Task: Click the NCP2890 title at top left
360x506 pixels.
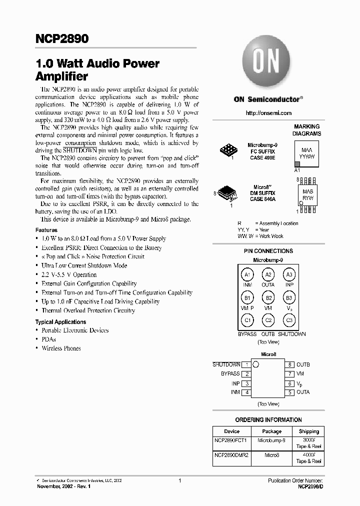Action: [x=62, y=39]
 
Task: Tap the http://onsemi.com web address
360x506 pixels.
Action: [x=268, y=113]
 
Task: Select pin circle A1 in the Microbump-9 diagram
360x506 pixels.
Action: [x=246, y=275]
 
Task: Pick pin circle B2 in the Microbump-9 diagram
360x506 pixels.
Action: [x=268, y=298]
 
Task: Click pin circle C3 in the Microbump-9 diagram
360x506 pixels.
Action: [x=289, y=320]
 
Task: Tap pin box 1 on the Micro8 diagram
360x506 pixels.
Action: [x=246, y=365]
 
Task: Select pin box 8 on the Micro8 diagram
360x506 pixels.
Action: [x=289, y=365]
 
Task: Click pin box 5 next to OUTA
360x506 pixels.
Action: [x=289, y=392]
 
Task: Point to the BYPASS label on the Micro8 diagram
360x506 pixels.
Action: [x=230, y=374]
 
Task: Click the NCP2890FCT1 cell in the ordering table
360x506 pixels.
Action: [x=231, y=441]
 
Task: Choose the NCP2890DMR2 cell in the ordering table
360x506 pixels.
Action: [x=231, y=456]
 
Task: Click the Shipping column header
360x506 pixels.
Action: [x=308, y=431]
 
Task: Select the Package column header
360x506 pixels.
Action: [x=271, y=431]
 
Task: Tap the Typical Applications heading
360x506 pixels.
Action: [x=60, y=322]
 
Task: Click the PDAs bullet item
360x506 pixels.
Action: [x=48, y=339]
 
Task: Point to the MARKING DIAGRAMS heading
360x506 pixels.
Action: [x=306, y=130]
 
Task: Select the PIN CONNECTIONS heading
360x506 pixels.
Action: [x=268, y=251]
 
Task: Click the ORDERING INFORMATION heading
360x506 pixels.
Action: [x=268, y=420]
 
